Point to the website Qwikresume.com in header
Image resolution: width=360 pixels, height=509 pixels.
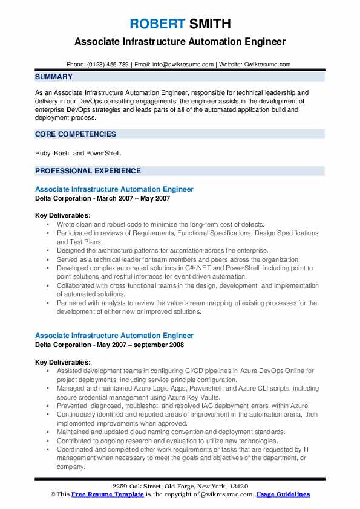click(267, 64)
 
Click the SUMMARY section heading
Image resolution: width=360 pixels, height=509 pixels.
click(54, 77)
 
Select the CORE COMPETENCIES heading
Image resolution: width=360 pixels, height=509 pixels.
click(76, 134)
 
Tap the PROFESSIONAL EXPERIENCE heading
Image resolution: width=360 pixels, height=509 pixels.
click(88, 171)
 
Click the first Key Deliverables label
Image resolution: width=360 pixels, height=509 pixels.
click(63, 215)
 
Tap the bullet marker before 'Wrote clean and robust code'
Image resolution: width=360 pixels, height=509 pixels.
click(48, 224)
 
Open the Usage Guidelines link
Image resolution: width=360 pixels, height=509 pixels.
click(283, 494)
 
